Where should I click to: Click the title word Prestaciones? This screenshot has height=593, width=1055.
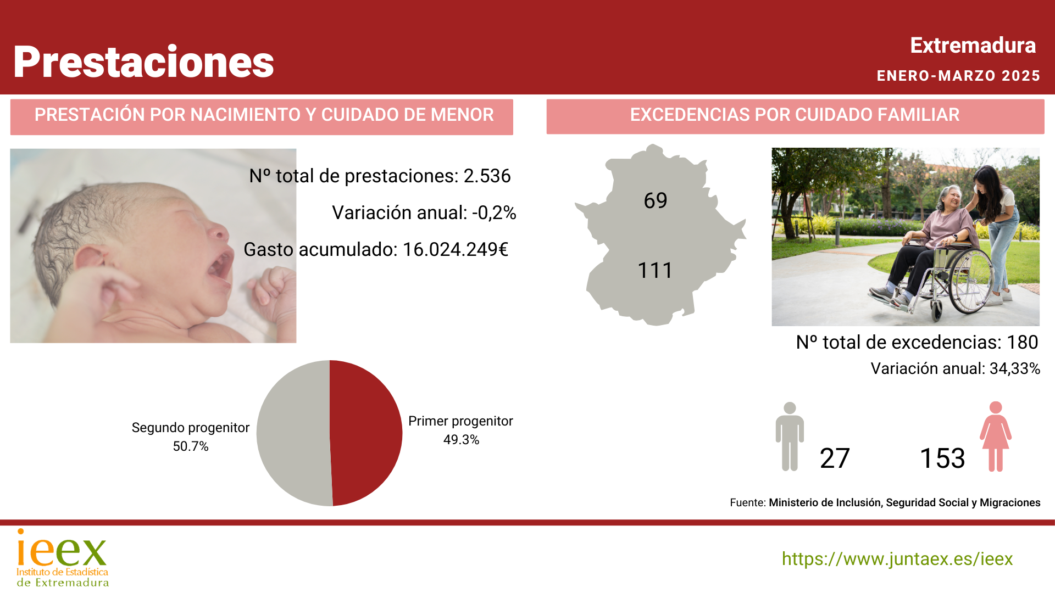[x=143, y=61]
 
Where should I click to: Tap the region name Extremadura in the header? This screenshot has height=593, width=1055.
[x=973, y=46]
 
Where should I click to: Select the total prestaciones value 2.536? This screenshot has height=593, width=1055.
[x=487, y=176]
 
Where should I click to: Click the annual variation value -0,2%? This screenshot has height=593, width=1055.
[x=494, y=212]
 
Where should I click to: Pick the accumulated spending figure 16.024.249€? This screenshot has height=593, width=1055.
[x=456, y=249]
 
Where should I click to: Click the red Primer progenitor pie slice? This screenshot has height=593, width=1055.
[x=366, y=433]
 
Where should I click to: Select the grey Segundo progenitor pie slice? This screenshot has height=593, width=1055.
[x=293, y=433]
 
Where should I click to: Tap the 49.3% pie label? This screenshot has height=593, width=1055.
[x=462, y=440]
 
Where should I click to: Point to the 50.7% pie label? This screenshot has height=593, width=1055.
[x=191, y=446]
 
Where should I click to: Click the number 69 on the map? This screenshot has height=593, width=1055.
[x=656, y=200]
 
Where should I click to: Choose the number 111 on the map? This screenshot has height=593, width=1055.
[x=655, y=270]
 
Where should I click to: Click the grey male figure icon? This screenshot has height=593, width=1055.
[x=790, y=437]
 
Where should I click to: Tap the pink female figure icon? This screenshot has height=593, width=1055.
[x=996, y=437]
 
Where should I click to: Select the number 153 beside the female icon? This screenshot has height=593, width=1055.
[x=942, y=458]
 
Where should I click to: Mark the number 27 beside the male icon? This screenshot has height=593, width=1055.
[x=835, y=458]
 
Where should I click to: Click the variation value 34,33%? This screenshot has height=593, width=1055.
[x=1015, y=368]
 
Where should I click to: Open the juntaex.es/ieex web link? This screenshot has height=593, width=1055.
[x=897, y=559]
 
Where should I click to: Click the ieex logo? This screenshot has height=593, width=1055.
[x=63, y=557]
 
